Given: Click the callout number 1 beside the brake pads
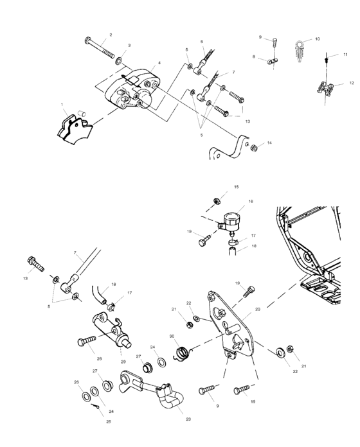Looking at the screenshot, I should point(62,104).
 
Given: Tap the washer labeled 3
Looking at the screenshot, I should point(119,62).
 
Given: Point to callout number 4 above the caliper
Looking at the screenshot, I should point(159,63).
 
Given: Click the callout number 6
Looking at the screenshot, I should point(201,41).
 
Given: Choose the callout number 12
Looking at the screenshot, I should point(351,83).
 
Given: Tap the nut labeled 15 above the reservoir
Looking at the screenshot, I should point(218,200).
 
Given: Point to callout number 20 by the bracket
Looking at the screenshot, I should point(257,309).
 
